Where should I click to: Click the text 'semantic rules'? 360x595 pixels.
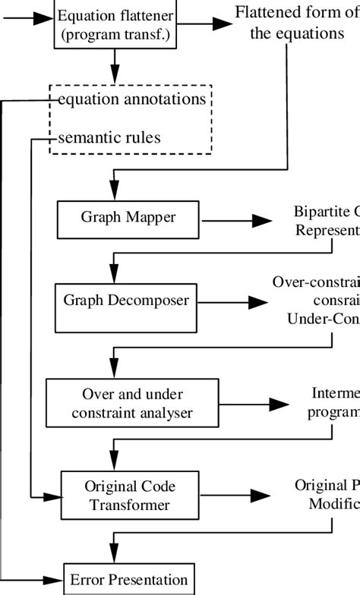coord(109,137)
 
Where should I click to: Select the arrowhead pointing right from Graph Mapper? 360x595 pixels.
coord(263,220)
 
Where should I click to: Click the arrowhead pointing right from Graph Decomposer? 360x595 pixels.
coord(259,302)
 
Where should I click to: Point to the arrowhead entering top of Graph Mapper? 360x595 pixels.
coord(113,194)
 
